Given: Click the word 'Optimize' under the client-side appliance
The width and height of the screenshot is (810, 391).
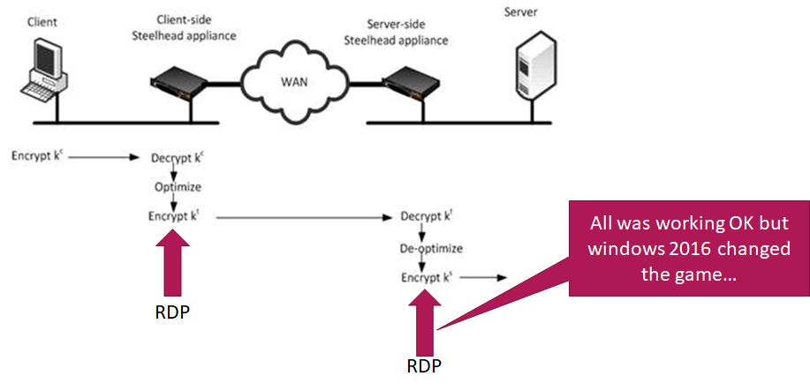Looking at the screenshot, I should [178, 187].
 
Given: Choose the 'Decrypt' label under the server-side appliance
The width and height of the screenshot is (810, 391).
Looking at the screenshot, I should [423, 216].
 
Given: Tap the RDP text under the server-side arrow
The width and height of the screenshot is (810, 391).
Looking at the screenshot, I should [422, 366].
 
